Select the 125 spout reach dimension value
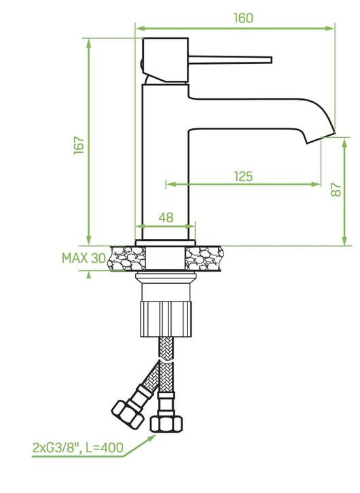(x=243, y=177)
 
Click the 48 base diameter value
(x=166, y=217)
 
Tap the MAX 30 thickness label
(x=84, y=258)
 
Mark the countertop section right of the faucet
(x=203, y=258)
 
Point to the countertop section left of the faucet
(x=127, y=258)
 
